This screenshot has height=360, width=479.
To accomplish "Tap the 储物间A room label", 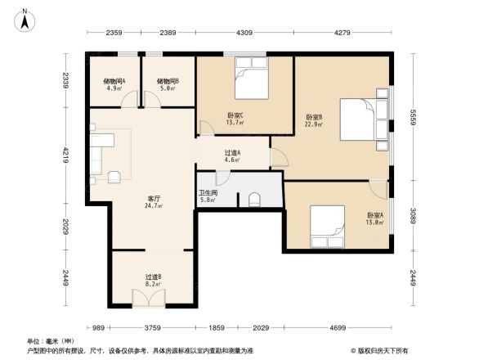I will point(114,81).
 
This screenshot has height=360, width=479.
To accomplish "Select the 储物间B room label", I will point(168,81).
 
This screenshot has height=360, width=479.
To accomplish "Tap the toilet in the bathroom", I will point(254,198).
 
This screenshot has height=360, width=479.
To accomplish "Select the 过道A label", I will point(232,153).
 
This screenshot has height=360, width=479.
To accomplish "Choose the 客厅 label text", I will point(154,198).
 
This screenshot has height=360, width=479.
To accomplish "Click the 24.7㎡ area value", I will point(154,206).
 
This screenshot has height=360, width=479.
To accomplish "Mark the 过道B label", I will point(153,277).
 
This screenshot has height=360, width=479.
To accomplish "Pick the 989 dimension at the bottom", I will point(99,327).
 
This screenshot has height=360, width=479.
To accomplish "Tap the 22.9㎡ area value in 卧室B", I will point(314,125).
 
